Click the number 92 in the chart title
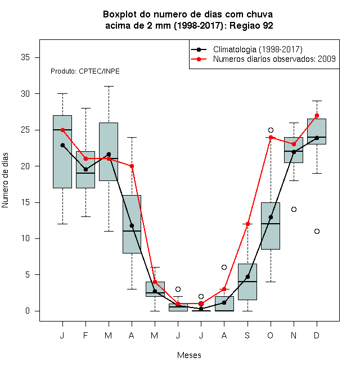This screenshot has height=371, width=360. (x=268, y=25)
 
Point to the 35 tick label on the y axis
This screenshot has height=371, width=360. (x=25, y=57)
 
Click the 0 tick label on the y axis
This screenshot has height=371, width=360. (x=28, y=311)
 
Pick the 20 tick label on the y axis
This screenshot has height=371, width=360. (x=25, y=166)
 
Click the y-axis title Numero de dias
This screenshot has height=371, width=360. (x=5, y=180)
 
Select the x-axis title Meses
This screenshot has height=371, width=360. (x=189, y=355)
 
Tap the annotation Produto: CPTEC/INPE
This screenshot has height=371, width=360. (x=85, y=71)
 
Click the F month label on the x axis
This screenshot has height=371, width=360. (x=85, y=335)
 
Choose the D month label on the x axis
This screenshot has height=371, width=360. (x=317, y=335)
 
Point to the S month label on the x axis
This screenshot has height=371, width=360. (x=247, y=335)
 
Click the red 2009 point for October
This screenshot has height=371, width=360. (x=271, y=137)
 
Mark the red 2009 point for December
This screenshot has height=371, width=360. (x=317, y=115)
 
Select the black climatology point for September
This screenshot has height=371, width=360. (x=247, y=277)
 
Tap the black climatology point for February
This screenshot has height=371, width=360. (x=85, y=169)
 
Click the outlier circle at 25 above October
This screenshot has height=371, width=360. (x=271, y=130)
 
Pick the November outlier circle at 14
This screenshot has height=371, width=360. (x=294, y=210)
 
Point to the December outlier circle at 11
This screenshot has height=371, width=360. (x=317, y=231)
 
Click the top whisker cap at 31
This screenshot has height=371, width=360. (x=109, y=87)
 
